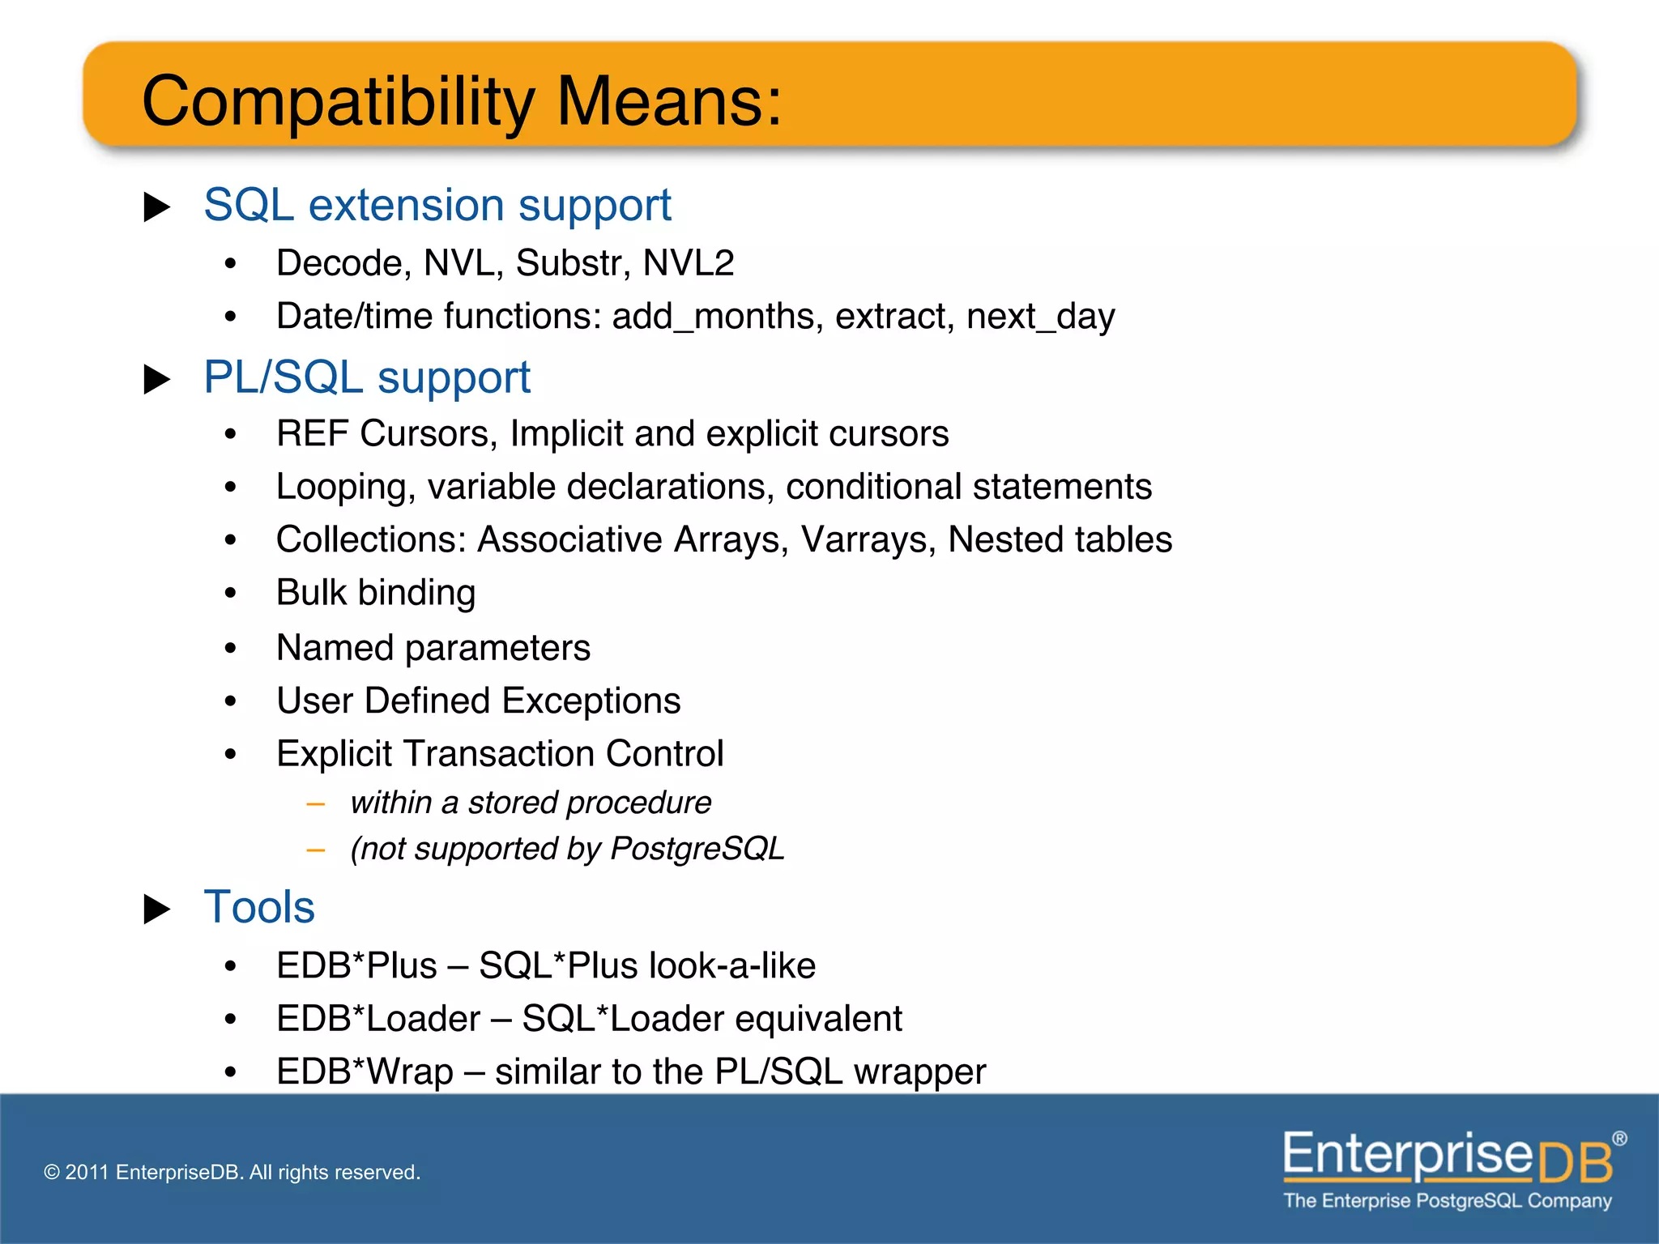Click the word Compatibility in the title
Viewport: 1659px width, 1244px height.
point(338,101)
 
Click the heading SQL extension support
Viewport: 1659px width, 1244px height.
point(437,205)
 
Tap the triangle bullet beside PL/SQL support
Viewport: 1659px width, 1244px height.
point(156,379)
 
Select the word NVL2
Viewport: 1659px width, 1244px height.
point(688,263)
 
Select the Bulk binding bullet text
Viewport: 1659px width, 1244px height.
point(375,593)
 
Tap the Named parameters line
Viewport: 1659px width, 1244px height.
point(433,648)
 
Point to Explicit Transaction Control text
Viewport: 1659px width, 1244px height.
point(499,754)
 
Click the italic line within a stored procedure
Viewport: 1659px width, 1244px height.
point(531,803)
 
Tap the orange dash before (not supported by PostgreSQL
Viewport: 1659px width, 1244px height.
point(316,850)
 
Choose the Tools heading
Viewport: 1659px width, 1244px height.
point(259,907)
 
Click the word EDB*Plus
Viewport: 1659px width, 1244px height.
point(356,966)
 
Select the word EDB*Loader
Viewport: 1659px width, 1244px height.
point(378,1019)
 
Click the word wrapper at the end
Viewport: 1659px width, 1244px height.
point(919,1072)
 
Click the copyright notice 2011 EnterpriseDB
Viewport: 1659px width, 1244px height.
point(232,1172)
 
